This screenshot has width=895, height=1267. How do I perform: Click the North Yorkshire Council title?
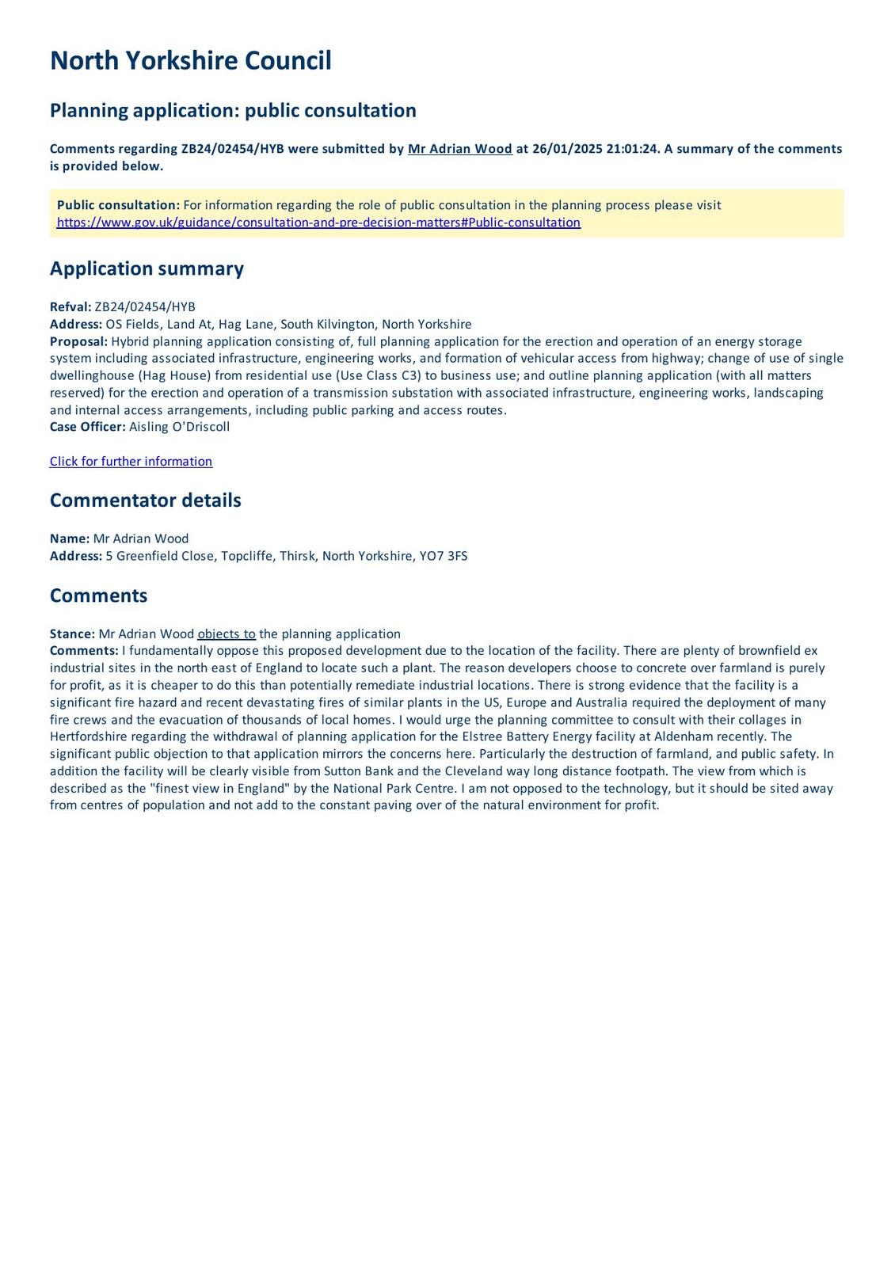(x=190, y=61)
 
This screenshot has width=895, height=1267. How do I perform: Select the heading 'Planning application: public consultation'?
(x=233, y=110)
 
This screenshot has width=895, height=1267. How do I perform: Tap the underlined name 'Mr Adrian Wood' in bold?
(x=459, y=149)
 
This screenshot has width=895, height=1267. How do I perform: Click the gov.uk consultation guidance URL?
(x=318, y=223)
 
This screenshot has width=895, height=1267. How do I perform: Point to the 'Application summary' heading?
(x=147, y=268)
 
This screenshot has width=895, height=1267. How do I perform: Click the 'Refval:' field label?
(x=70, y=307)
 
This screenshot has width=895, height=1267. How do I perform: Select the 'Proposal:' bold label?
(x=78, y=341)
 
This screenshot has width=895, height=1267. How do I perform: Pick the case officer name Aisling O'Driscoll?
(x=179, y=427)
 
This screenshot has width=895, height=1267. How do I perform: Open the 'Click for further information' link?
(x=131, y=462)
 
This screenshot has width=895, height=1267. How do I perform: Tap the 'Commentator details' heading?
(x=145, y=500)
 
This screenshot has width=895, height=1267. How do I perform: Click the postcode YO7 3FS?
(x=446, y=556)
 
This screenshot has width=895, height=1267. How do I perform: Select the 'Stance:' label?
(x=72, y=633)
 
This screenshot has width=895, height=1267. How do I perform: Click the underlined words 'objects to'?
(x=227, y=633)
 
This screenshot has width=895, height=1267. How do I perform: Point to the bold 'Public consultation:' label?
(x=118, y=205)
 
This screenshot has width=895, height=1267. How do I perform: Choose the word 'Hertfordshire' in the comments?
(x=88, y=737)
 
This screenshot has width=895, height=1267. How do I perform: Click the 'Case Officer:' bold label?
(x=87, y=427)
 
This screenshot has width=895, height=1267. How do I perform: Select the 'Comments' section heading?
(x=98, y=595)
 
